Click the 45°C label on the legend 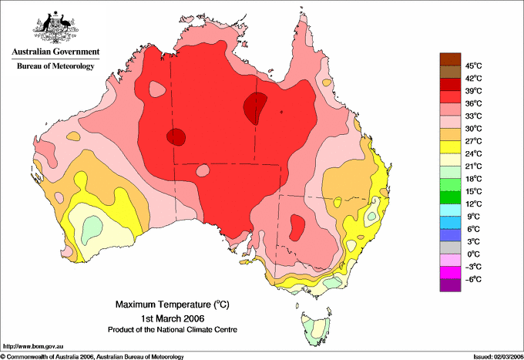click(x=474, y=66)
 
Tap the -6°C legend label click(x=473, y=279)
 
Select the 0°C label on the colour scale click(x=474, y=254)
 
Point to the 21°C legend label click(x=474, y=167)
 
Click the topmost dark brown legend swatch click(x=450, y=59)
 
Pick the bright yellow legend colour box click(x=450, y=147)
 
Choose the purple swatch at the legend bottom click(x=450, y=285)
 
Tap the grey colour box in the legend click(x=450, y=247)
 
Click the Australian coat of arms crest click(x=55, y=28)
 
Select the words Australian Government click(x=55, y=52)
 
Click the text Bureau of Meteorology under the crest click(x=55, y=66)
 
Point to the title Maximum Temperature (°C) click(x=173, y=304)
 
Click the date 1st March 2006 click(x=173, y=318)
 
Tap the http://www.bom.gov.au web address click(x=32, y=347)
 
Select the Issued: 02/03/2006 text click(x=499, y=357)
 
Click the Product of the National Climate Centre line click(x=173, y=330)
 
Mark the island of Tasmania click(x=315, y=327)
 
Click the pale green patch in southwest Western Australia click(x=91, y=229)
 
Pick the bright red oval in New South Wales click(x=297, y=227)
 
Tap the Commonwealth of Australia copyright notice click(x=92, y=357)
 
